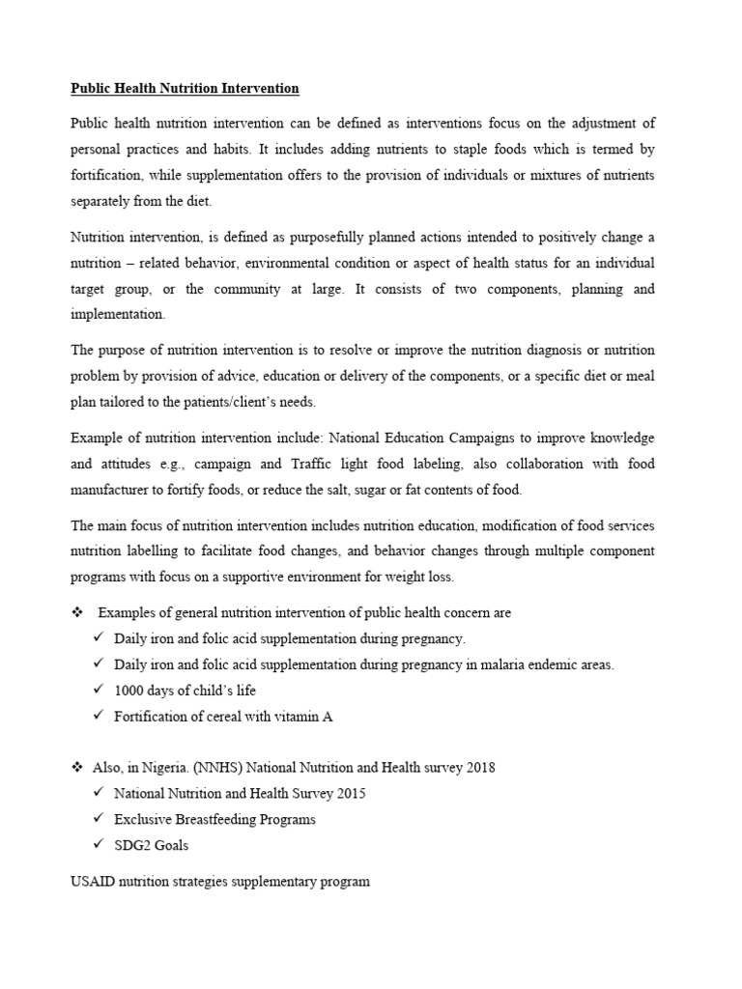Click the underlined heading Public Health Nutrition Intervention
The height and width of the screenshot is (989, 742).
tap(185, 89)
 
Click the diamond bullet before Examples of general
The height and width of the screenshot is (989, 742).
tap(76, 613)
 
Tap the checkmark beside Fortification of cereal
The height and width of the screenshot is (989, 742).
tap(99, 716)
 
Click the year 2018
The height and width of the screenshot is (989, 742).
tap(480, 768)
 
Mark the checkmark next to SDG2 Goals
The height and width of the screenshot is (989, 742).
tap(99, 844)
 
